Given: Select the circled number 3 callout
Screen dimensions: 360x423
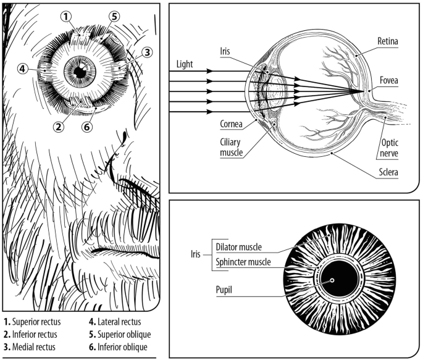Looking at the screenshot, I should [x=146, y=52].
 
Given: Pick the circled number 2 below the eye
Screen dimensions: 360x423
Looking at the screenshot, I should [x=59, y=127].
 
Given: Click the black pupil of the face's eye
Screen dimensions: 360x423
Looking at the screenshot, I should [x=79, y=71].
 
